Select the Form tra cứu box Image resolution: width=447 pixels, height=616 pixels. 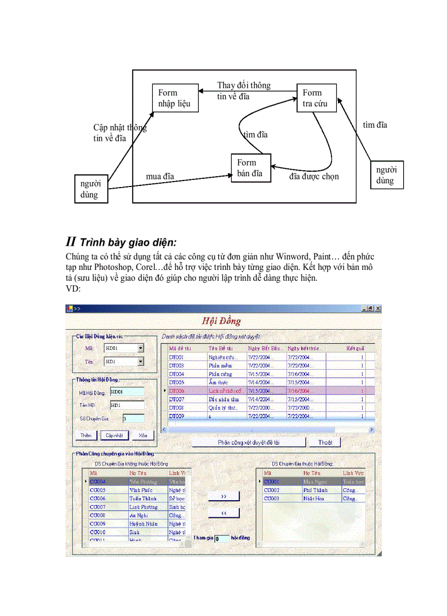(x=317, y=98)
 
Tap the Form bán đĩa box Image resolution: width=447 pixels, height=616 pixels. (x=251, y=168)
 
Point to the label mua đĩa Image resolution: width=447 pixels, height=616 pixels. (x=160, y=176)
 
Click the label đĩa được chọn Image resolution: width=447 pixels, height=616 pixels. (x=314, y=176)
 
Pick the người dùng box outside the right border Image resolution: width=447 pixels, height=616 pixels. (x=387, y=175)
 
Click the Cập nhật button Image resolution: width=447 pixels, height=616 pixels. (x=114, y=435)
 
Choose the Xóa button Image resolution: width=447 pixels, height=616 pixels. (x=142, y=435)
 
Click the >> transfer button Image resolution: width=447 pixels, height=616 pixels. (x=224, y=496)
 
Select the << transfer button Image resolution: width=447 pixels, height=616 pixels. (x=224, y=512)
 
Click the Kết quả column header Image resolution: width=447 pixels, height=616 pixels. (x=355, y=348)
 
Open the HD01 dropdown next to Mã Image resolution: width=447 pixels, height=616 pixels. (x=141, y=348)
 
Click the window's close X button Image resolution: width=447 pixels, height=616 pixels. (x=377, y=308)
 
